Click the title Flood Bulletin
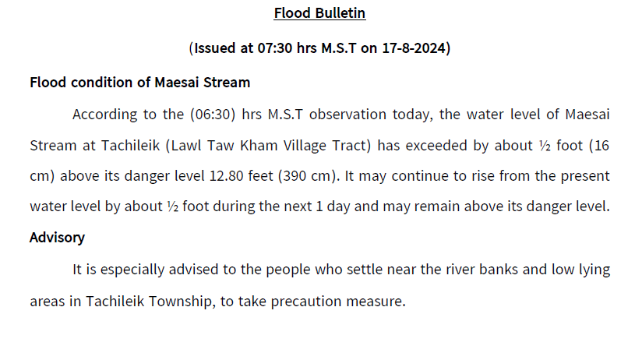pyautogui.click(x=319, y=13)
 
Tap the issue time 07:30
pyautogui.click(x=274, y=48)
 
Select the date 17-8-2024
pyautogui.click(x=414, y=48)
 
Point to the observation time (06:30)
pyautogui.click(x=213, y=115)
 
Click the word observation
pyautogui.click(x=347, y=115)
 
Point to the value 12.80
pyautogui.click(x=226, y=176)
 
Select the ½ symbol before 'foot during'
pyautogui.click(x=172, y=206)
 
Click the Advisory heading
pyautogui.click(x=57, y=238)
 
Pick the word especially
pyautogui.click(x=132, y=270)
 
